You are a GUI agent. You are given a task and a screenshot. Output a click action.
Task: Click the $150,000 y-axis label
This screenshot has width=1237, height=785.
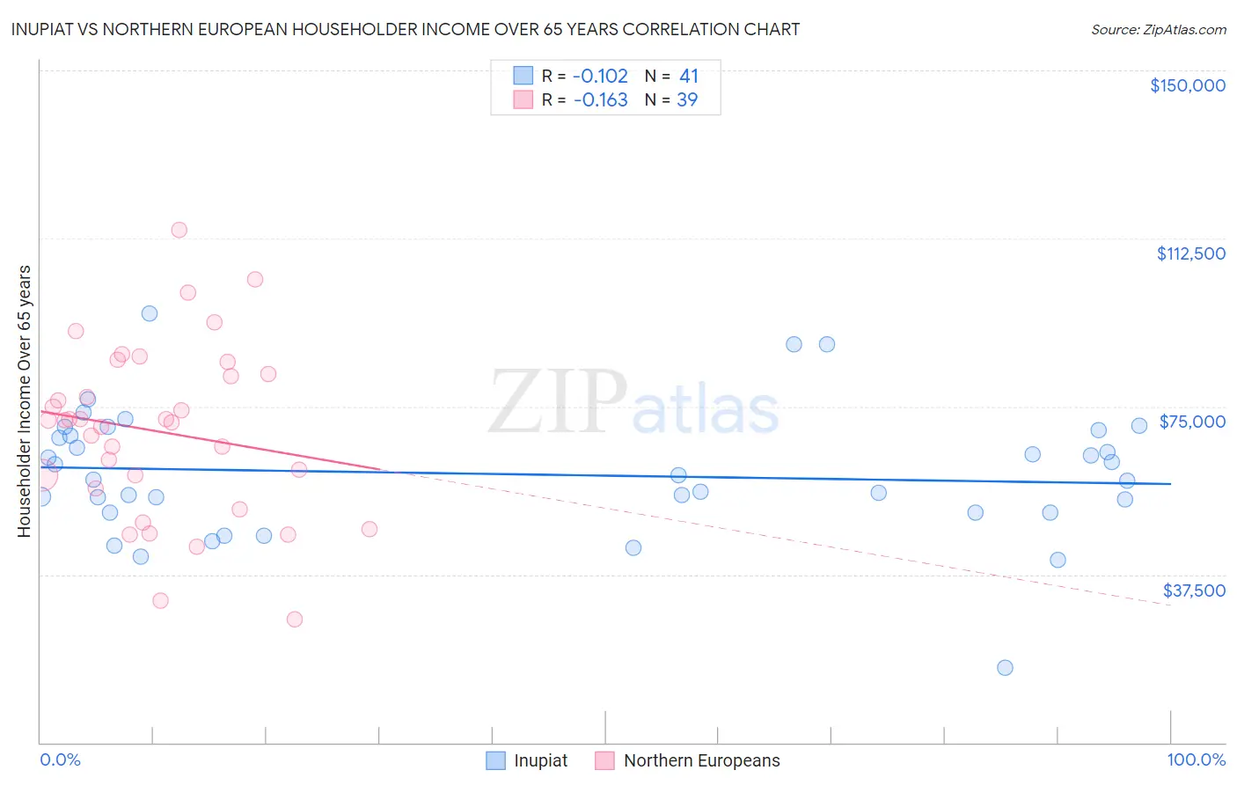click(1187, 85)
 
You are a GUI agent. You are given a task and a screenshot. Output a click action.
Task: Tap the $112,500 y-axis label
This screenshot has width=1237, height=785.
click(1190, 253)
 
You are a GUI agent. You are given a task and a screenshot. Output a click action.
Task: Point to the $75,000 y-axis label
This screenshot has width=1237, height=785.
click(1192, 422)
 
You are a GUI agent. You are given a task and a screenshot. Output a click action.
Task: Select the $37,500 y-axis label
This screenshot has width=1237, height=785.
click(1194, 591)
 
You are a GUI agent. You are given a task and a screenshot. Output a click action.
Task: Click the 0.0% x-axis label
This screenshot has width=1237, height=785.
click(60, 759)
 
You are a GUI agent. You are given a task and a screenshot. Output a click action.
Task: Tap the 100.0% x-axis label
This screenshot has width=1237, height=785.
click(1196, 759)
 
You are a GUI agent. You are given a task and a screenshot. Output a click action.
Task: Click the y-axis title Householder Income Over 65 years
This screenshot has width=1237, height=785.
click(24, 400)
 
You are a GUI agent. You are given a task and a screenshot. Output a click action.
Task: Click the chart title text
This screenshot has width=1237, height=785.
click(405, 29)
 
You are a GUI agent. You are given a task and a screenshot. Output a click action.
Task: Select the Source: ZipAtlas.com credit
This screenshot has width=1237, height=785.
click(1158, 30)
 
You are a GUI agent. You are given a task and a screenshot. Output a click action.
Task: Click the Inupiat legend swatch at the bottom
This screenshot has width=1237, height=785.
click(496, 760)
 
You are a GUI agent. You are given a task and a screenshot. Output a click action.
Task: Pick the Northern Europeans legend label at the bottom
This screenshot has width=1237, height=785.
click(701, 760)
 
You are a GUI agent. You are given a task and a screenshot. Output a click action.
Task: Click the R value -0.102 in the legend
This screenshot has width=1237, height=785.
click(600, 77)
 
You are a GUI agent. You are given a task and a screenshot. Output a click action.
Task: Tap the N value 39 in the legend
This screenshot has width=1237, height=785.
click(686, 100)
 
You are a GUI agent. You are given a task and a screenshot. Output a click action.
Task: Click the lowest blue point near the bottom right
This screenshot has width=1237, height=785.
click(1005, 668)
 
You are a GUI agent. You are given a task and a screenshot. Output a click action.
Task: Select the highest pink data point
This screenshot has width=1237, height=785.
click(179, 230)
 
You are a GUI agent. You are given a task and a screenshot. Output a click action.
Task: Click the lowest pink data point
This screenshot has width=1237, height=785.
click(295, 620)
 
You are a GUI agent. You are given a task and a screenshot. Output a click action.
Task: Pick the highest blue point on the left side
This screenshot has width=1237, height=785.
click(150, 313)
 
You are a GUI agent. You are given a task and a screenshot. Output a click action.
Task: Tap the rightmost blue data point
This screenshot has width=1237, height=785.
click(1139, 426)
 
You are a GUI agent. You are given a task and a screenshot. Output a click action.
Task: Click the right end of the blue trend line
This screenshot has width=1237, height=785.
click(1170, 484)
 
